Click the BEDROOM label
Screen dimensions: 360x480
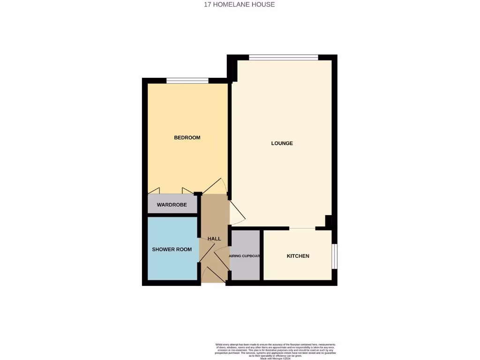point(187,137)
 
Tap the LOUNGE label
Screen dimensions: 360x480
point(282,143)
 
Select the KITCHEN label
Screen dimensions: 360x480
point(298,256)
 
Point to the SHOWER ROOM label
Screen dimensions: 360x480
point(172,249)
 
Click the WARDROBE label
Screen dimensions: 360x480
point(172,205)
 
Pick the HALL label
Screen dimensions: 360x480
point(214,239)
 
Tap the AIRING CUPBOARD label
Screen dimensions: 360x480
point(244,256)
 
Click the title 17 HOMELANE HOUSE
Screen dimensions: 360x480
point(239,5)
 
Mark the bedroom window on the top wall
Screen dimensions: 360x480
point(187,81)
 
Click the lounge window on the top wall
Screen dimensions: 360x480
point(283,58)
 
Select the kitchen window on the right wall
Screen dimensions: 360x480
point(334,256)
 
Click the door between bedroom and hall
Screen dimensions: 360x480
point(215,186)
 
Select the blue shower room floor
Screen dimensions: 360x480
point(172,267)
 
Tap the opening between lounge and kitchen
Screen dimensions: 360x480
point(302,228)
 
